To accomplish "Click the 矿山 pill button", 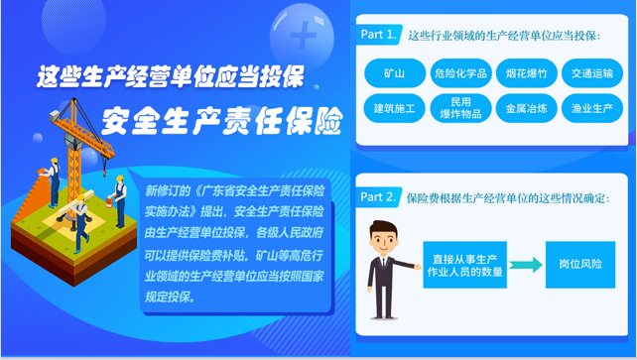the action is (395, 73).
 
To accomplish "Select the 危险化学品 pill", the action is (460, 73).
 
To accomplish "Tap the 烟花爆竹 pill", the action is (527, 73).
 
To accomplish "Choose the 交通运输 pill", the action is (592, 73).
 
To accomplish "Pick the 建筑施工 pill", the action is (395, 108).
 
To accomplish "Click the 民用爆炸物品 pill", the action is (460, 108).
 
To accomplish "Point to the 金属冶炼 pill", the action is (527, 108).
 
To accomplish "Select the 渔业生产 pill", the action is (592, 108).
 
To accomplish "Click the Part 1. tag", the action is (379, 35).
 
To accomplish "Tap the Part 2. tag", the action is (378, 197).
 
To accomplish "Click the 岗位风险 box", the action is (580, 265).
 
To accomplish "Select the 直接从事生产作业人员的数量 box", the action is (464, 265).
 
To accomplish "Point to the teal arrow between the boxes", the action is (526, 265).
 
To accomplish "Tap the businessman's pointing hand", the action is (417, 267).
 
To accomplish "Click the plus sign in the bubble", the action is (304, 35).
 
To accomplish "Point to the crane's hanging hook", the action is (104, 172).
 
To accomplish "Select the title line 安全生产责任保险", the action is (222, 121).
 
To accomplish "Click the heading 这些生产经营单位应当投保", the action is (171, 76).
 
